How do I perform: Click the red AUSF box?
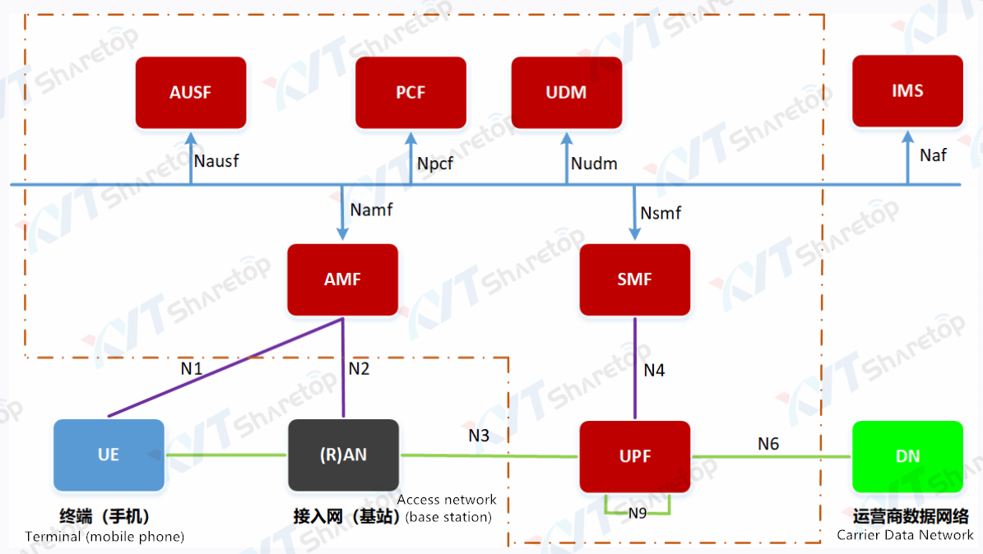[x=191, y=92]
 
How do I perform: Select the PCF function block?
[x=410, y=92]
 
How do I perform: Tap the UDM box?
[x=567, y=92]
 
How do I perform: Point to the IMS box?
[x=907, y=90]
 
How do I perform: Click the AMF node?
[x=342, y=279]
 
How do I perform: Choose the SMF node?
[x=634, y=279]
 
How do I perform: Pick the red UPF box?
[x=634, y=456]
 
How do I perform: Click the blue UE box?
[x=109, y=455]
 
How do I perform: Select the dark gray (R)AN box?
[x=343, y=455]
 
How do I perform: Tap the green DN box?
[x=907, y=456]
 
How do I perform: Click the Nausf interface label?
[x=216, y=160]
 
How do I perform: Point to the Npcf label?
[x=435, y=164]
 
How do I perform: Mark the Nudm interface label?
[x=594, y=164]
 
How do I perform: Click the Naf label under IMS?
[x=933, y=155]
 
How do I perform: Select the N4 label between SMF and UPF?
[x=654, y=371]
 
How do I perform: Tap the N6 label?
[x=768, y=444]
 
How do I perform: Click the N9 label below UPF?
[x=638, y=513]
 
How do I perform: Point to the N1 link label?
[x=192, y=368]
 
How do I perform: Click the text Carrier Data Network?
[x=905, y=535]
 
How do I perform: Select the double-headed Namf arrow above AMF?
[x=342, y=211]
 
